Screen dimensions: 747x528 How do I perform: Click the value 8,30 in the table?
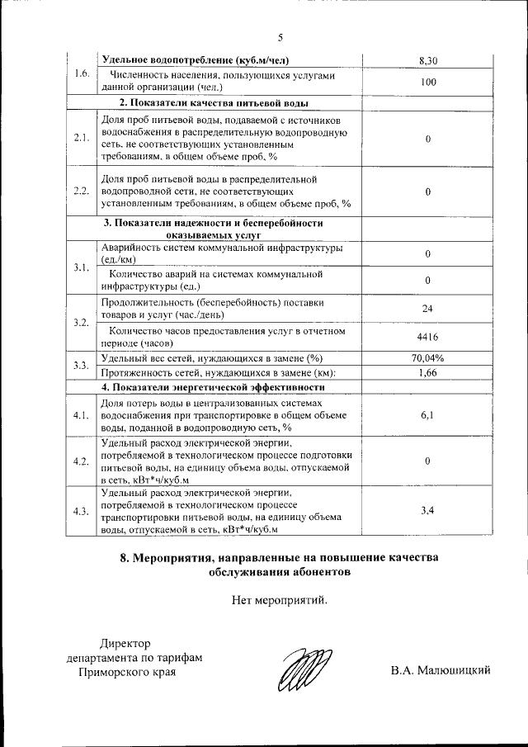tap(428, 61)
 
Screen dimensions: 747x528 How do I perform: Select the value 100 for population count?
tap(428, 82)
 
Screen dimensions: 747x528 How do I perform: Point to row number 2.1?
tap(81, 139)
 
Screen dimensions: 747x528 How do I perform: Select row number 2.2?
tap(81, 191)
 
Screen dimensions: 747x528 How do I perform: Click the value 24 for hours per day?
tap(428, 309)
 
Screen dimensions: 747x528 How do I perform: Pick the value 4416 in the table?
tap(428, 337)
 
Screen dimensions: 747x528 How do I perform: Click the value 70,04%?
tap(428, 358)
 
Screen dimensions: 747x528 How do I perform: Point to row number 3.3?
tap(81, 365)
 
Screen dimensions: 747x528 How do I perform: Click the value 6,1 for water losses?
tap(428, 415)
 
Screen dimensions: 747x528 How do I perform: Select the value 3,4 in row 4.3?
tap(428, 511)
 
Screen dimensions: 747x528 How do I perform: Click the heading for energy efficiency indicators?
tap(213, 386)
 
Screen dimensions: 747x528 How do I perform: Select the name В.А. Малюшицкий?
tap(441, 670)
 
